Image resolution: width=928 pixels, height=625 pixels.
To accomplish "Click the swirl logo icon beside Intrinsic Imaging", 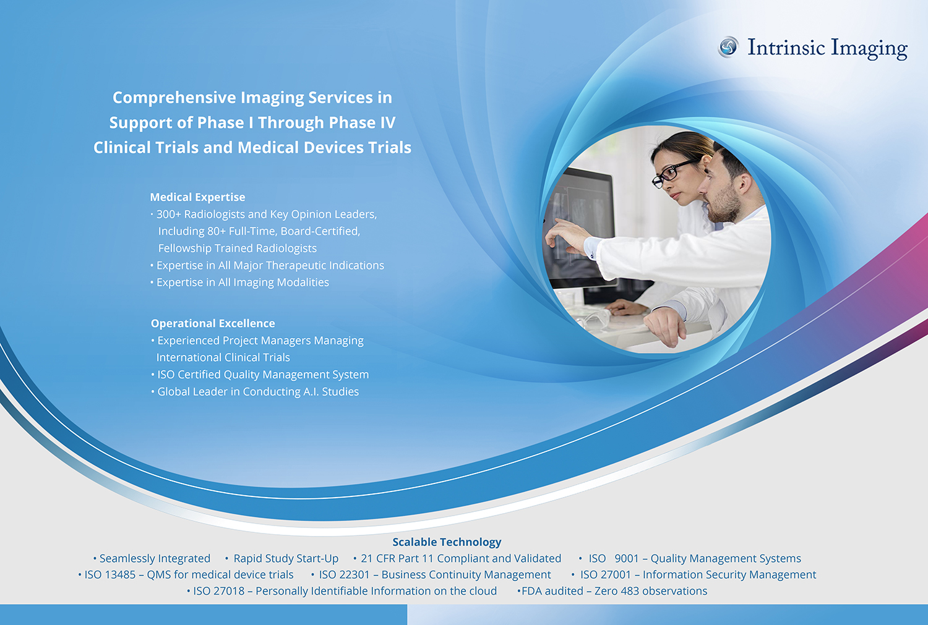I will (x=728, y=46).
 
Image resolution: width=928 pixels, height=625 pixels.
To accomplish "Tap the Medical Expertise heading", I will (x=197, y=197).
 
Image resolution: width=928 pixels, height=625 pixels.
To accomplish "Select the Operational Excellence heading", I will (x=213, y=323).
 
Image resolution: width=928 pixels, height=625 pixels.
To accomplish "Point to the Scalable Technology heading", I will (x=447, y=542).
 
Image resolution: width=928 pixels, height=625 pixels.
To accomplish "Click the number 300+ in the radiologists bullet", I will (x=168, y=215).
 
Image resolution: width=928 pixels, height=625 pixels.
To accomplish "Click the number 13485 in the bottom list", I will (x=120, y=575).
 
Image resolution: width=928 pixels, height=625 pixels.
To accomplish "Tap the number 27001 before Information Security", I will (x=614, y=575).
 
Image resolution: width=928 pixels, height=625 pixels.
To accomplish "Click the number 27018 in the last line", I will (x=228, y=591).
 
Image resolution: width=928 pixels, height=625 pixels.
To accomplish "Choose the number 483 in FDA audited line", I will (x=629, y=591).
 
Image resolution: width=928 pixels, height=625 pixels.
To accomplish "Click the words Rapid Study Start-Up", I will (x=286, y=559).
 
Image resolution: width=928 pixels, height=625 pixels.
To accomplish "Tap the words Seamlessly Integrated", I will (x=155, y=559).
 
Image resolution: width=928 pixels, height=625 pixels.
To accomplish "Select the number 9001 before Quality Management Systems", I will (x=626, y=559).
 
